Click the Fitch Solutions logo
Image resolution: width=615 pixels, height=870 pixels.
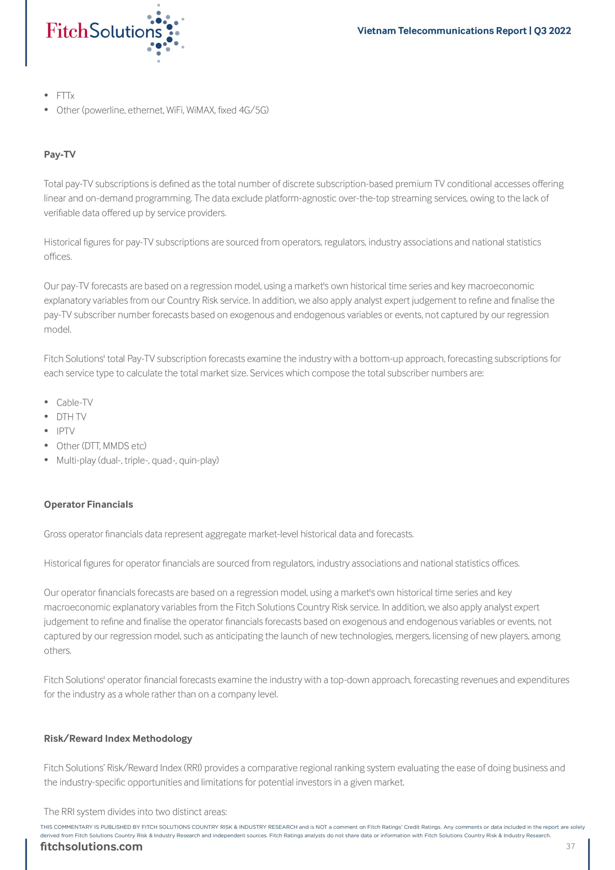[114, 32]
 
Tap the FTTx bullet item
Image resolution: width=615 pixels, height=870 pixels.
[65, 96]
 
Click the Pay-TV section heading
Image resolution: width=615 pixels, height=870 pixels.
[60, 155]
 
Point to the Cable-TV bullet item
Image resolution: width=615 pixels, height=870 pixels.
[75, 402]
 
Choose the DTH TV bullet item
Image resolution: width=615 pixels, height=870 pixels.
[71, 417]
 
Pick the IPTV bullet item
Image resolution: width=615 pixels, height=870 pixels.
[66, 431]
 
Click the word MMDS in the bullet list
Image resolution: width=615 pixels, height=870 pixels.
[116, 446]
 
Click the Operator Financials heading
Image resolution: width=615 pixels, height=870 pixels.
[89, 504]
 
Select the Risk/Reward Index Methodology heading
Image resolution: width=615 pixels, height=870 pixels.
[118, 738]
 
